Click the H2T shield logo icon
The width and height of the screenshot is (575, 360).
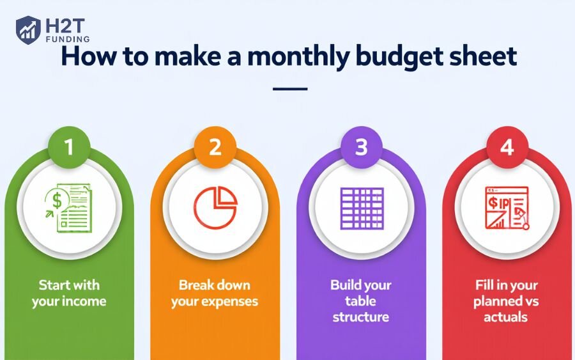click(28, 29)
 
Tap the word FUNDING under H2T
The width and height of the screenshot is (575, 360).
click(68, 39)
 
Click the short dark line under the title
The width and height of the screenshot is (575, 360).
click(290, 89)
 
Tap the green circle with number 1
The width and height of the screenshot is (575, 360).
click(69, 147)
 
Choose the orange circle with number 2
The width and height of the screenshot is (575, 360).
click(215, 147)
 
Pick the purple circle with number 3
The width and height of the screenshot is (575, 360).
click(361, 147)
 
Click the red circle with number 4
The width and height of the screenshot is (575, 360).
click(507, 147)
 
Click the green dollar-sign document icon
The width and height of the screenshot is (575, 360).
click(69, 208)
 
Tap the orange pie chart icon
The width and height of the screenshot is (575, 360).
click(215, 207)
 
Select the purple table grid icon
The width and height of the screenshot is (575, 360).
click(362, 208)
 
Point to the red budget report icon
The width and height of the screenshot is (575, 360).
click(507, 208)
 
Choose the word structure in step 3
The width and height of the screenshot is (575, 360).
click(361, 317)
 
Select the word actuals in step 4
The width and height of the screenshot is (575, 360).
click(506, 317)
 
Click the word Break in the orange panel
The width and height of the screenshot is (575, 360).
click(194, 285)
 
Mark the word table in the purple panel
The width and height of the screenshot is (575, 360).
click(360, 301)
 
